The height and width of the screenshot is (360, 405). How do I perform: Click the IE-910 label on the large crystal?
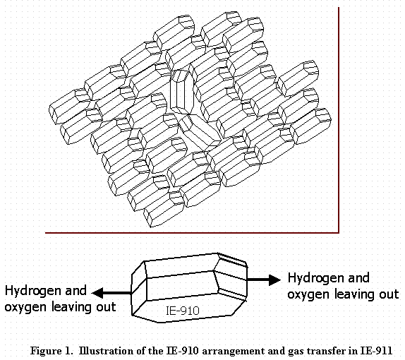183,311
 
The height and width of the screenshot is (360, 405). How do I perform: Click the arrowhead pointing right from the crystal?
274,280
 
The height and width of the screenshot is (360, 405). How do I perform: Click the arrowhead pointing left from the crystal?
98,293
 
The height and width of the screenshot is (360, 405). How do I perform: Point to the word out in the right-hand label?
389,294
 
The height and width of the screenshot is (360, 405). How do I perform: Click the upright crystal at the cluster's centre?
182,92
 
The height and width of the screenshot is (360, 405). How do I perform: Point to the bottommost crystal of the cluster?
164,210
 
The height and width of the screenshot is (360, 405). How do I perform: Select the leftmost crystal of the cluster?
70,106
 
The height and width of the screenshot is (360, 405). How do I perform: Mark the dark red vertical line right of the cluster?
339,120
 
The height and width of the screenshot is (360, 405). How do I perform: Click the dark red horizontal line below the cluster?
192,233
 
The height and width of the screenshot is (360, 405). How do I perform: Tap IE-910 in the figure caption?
182,351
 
